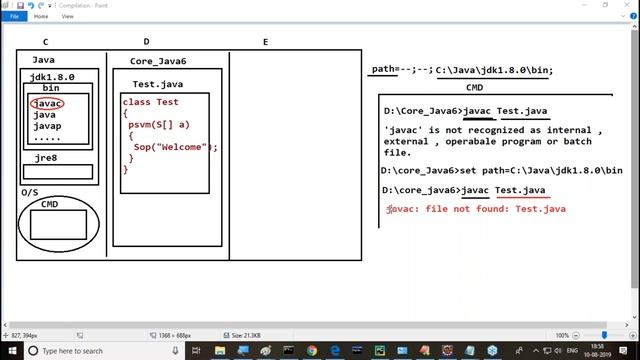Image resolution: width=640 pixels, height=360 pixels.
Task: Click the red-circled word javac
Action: [x=48, y=103]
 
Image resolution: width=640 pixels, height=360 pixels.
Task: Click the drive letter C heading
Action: [x=46, y=42]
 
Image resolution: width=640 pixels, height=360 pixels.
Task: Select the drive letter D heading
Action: [x=147, y=42]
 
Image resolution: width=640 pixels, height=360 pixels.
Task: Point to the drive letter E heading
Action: [x=265, y=42]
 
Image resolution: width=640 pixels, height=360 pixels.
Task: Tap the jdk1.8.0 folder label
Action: [x=52, y=77]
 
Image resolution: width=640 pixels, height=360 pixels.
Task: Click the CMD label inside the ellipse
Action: [x=49, y=204]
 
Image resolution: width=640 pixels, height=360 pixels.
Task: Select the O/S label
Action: [x=31, y=191]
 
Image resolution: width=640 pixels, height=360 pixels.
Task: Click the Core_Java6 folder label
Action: [x=158, y=62]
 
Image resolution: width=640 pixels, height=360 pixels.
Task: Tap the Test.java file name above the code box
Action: [x=156, y=84]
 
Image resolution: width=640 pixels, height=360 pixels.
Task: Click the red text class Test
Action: [x=151, y=102]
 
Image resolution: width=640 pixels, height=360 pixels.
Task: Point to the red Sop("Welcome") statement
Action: [x=175, y=147]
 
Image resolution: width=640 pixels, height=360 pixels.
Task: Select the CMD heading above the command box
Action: [x=475, y=87]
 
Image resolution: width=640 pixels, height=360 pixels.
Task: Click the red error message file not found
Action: [x=477, y=209]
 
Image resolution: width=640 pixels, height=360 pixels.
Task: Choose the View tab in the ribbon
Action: [x=67, y=16]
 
